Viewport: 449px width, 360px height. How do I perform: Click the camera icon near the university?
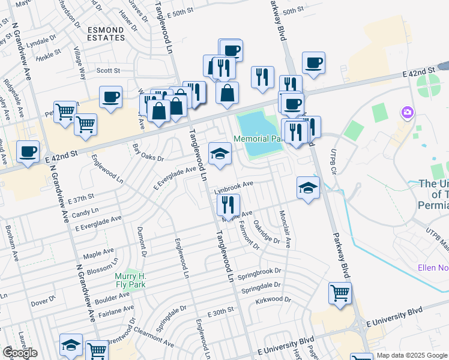[408, 112]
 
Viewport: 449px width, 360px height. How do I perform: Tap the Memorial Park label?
[258, 139]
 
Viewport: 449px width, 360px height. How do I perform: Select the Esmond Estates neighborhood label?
[106, 33]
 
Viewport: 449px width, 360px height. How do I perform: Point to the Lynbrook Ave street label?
[235, 185]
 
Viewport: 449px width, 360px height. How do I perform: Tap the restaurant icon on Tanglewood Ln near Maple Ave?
[228, 205]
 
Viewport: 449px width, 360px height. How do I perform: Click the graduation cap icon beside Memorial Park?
[220, 154]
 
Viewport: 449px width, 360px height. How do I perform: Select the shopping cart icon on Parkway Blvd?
[340, 293]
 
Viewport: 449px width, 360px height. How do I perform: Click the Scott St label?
[109, 70]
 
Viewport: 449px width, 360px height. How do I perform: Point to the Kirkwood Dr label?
[273, 299]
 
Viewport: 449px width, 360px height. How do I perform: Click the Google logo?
[20, 353]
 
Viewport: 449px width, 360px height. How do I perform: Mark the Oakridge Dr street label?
[267, 232]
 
